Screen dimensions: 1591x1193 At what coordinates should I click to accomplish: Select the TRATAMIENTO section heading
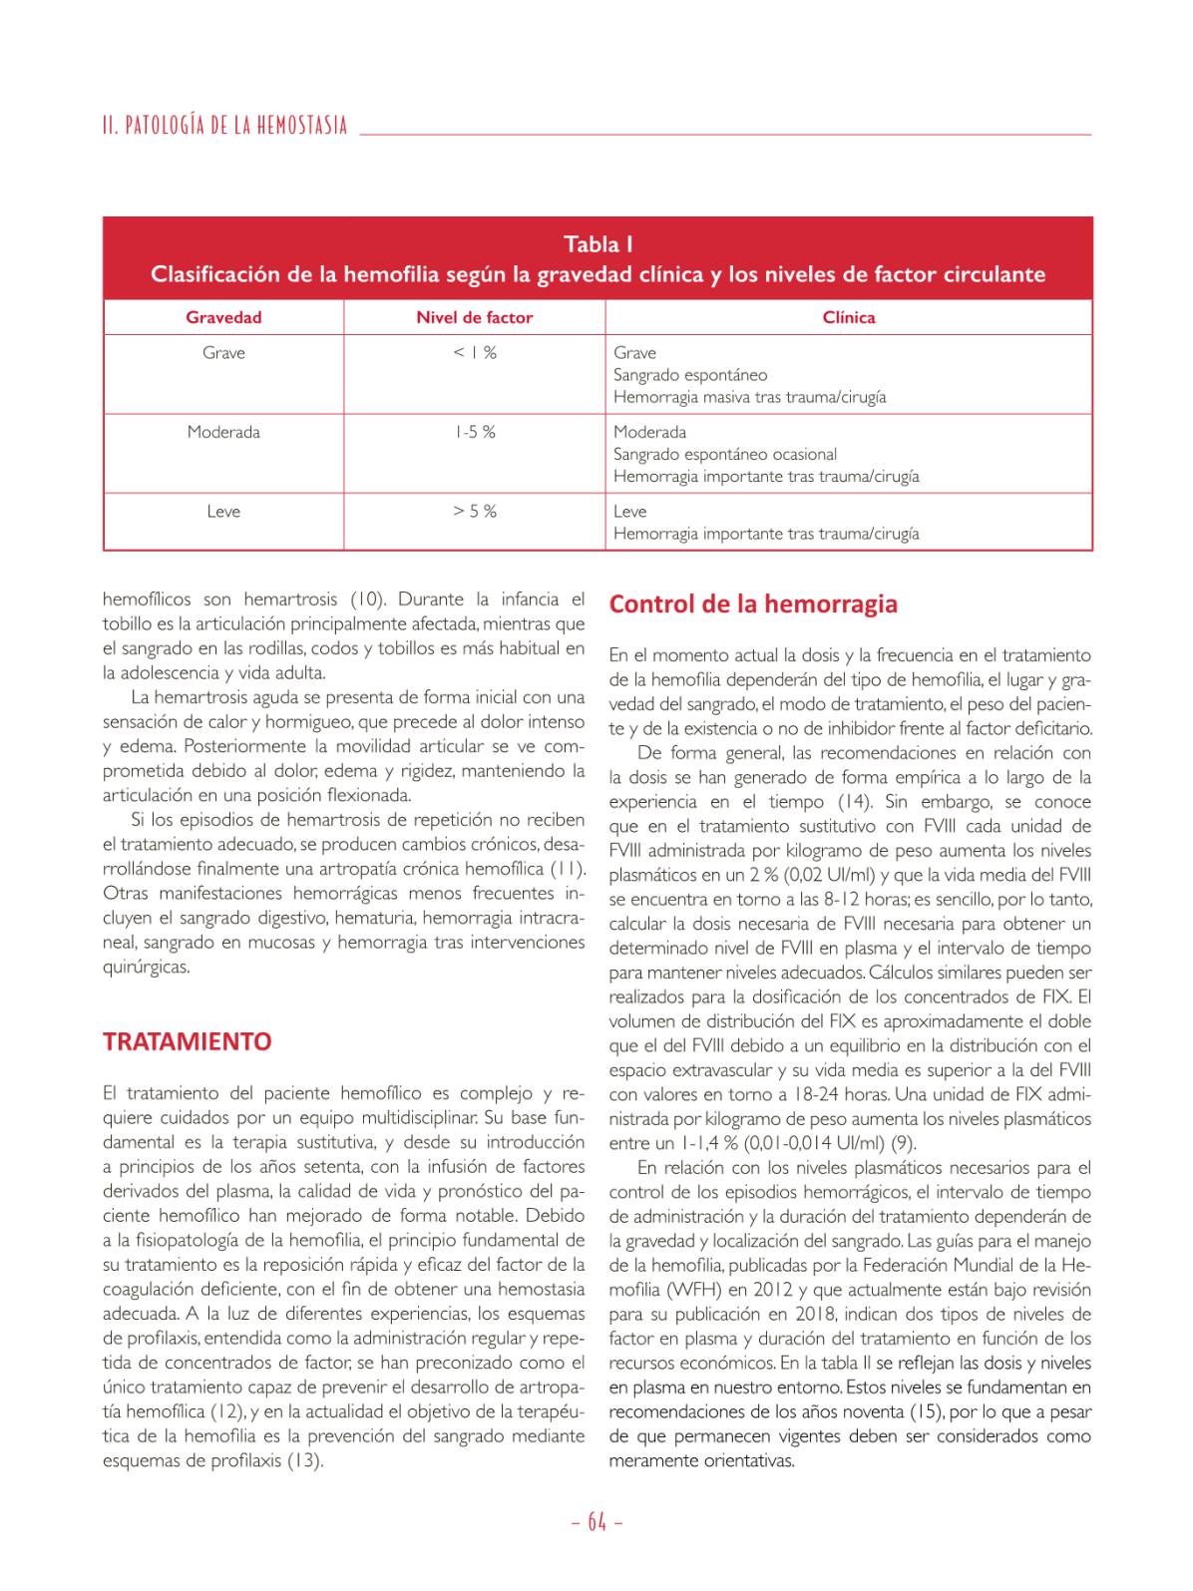click(188, 1041)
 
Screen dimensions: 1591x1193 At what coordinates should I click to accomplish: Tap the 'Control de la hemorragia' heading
click(753, 603)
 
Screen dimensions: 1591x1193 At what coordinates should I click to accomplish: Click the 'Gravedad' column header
click(223, 317)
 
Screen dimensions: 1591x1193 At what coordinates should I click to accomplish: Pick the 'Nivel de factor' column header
click(474, 317)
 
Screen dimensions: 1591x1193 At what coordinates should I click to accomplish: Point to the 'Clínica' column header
click(848, 317)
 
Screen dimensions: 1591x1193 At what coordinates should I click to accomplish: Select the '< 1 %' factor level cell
click(474, 352)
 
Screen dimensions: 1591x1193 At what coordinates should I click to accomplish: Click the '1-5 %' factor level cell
click(474, 432)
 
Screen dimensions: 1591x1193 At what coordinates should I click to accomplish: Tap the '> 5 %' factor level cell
click(474, 511)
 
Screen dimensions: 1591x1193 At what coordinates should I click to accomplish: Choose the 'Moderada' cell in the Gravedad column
click(223, 432)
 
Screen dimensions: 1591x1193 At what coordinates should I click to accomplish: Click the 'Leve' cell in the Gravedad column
click(223, 511)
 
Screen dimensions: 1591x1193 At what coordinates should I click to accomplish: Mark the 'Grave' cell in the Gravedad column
click(223, 352)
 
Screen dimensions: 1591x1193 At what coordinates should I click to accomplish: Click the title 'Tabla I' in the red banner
click(597, 244)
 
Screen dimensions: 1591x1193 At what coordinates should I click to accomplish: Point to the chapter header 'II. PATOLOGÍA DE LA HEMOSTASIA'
click(225, 126)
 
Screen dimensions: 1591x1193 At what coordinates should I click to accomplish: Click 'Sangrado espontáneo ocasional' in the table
click(725, 454)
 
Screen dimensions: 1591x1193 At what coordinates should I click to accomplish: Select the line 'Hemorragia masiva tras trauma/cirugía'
click(749, 397)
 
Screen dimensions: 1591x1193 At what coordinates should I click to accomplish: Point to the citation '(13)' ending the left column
click(305, 1460)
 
